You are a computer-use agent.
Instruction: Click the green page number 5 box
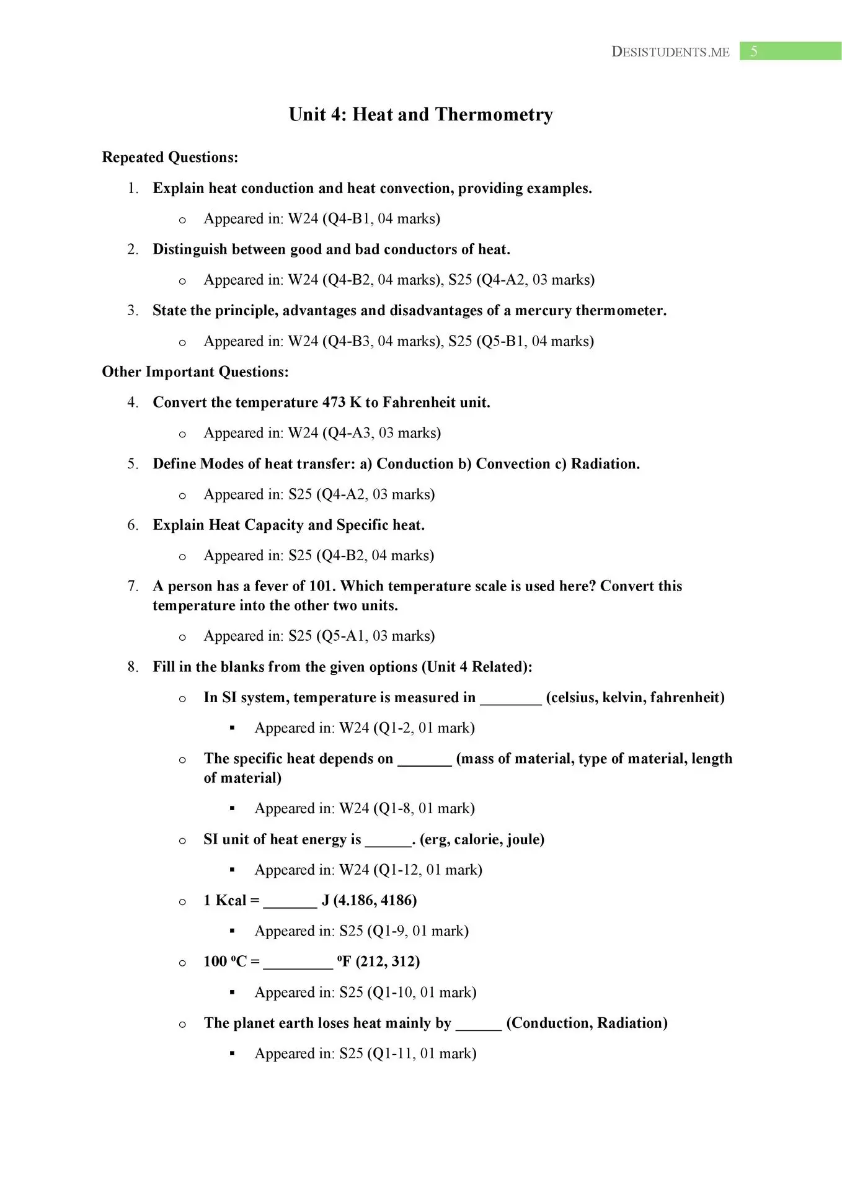click(x=790, y=51)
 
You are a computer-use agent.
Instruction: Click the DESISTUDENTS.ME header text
click(x=670, y=52)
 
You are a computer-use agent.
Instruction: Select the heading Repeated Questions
click(x=170, y=158)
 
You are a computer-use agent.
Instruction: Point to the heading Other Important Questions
click(x=195, y=372)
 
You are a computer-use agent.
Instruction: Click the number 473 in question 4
click(x=334, y=403)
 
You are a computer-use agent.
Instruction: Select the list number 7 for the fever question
click(x=132, y=586)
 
